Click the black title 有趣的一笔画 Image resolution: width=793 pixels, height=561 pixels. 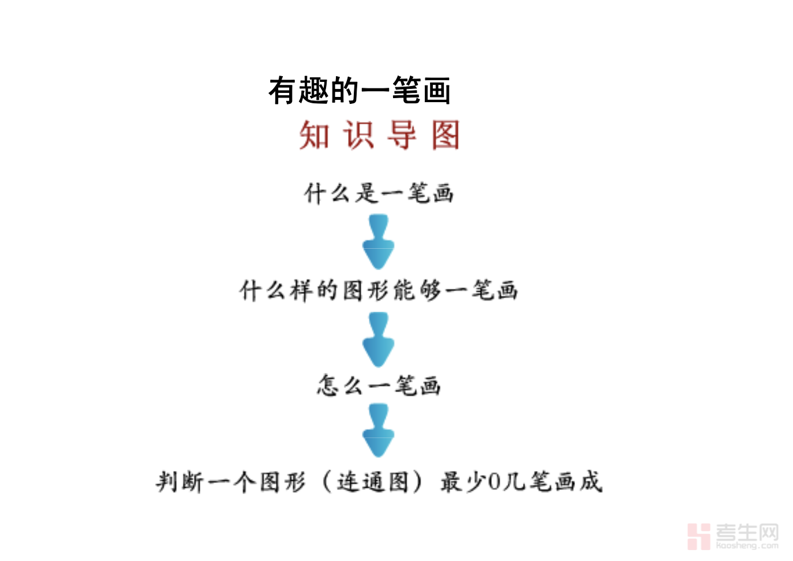359,91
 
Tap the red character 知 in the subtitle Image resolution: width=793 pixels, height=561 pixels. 314,136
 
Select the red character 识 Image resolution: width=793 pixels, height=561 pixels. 358,136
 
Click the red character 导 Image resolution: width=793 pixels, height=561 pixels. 402,136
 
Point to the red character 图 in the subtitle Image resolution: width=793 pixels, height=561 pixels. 446,136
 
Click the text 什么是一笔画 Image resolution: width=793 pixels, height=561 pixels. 379,193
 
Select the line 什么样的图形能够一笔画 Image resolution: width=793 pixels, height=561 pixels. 379,290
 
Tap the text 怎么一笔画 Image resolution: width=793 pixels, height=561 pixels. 379,386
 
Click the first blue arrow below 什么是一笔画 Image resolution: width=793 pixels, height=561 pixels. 379,242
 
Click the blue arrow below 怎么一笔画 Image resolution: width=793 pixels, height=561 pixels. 379,432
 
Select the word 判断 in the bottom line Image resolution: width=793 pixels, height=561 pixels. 180,482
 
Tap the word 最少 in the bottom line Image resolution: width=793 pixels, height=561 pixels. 463,482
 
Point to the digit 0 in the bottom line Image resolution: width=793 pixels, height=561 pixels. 495,482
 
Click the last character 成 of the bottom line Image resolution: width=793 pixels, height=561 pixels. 591,481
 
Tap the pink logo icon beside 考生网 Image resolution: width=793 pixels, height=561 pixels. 698,536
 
